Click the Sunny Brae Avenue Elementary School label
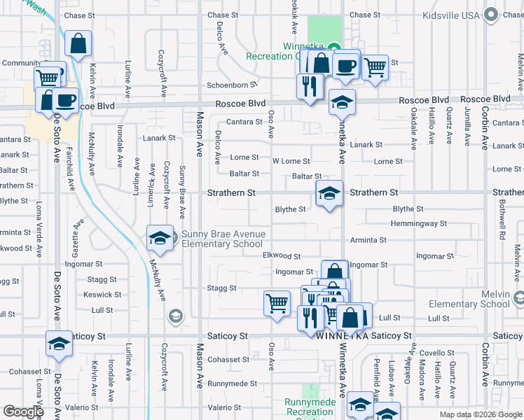223,239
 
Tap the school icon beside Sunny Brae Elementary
160,239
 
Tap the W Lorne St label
291,161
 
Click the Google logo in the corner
23,412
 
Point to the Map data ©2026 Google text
480,414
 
